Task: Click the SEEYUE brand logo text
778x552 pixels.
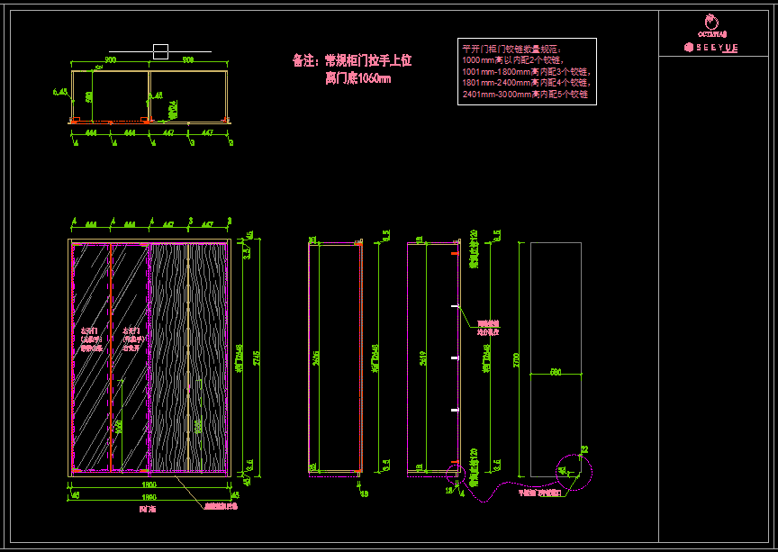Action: (x=711, y=46)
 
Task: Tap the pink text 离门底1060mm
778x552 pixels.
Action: (x=357, y=78)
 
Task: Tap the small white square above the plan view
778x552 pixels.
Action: (x=160, y=51)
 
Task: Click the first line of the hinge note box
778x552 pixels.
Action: (x=511, y=48)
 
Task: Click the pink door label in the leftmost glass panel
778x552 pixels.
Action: (x=91, y=338)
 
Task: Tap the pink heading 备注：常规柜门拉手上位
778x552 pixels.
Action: (x=352, y=61)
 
